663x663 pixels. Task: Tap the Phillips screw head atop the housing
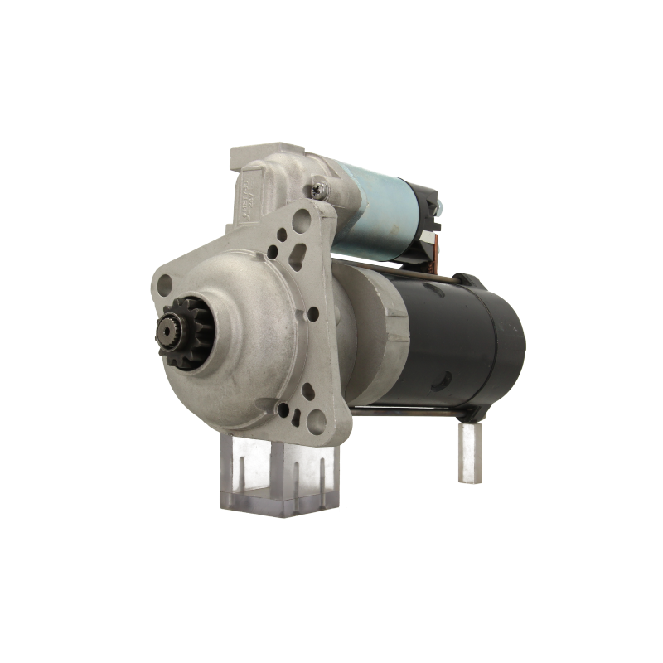(x=319, y=194)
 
